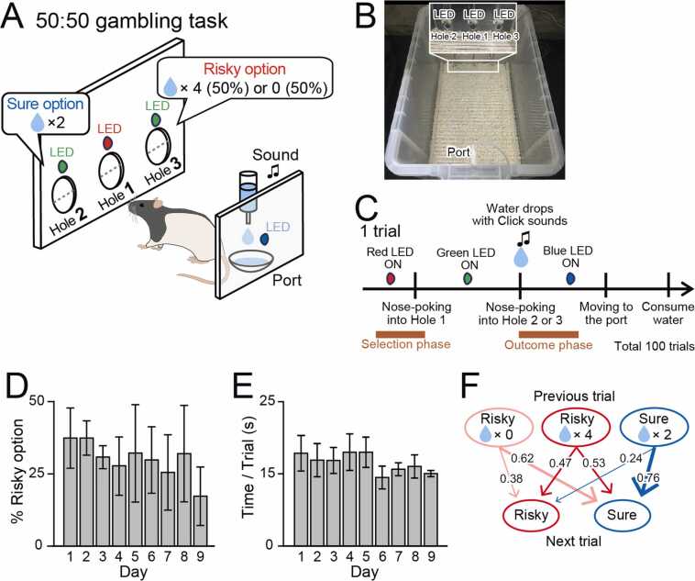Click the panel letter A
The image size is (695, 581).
(16, 18)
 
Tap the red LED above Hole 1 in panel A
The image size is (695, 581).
(108, 143)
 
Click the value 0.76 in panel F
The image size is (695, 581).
(645, 478)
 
